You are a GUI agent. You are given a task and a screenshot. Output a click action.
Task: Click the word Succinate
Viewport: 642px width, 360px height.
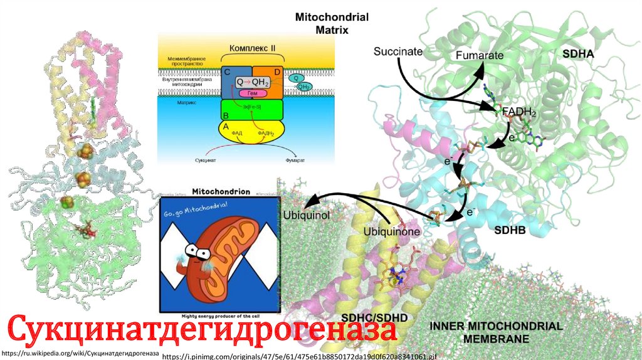point(397,51)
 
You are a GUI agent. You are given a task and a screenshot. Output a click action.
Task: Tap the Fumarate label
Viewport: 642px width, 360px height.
point(480,55)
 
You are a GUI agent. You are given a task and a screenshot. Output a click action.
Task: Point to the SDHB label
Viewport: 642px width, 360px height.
point(509,230)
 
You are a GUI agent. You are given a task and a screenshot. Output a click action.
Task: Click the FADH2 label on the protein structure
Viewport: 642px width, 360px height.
point(518,114)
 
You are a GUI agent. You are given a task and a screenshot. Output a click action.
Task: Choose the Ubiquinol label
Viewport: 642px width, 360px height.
point(307,215)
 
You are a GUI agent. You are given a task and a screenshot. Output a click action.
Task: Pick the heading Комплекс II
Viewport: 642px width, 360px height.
point(253,48)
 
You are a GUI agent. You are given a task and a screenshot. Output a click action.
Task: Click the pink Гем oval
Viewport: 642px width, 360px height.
point(251,93)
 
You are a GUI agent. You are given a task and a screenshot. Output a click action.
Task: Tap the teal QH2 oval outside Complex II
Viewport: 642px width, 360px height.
point(305,87)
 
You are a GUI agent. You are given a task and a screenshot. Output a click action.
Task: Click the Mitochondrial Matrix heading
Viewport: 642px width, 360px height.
point(332,23)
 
